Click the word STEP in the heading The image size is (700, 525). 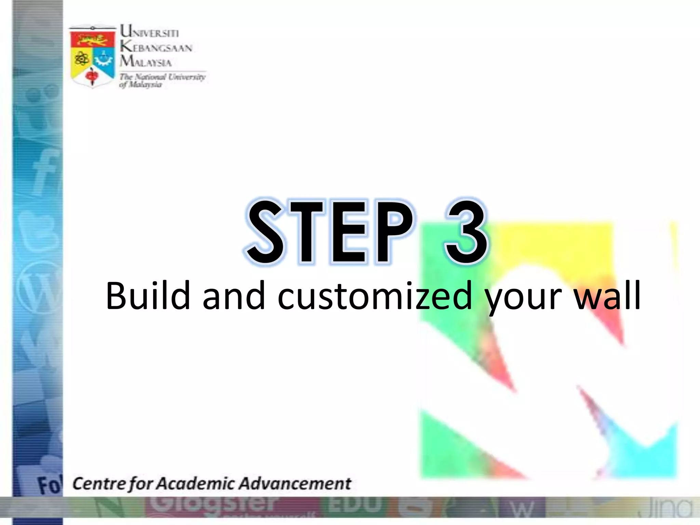click(329, 232)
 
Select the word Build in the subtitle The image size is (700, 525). click(148, 296)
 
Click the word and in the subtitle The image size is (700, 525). click(234, 296)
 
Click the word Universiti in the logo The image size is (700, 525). click(149, 32)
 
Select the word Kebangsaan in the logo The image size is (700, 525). click(156, 47)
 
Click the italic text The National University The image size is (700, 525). click(162, 77)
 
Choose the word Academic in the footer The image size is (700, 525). click(195, 484)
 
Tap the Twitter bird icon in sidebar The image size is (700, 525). click(39, 229)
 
